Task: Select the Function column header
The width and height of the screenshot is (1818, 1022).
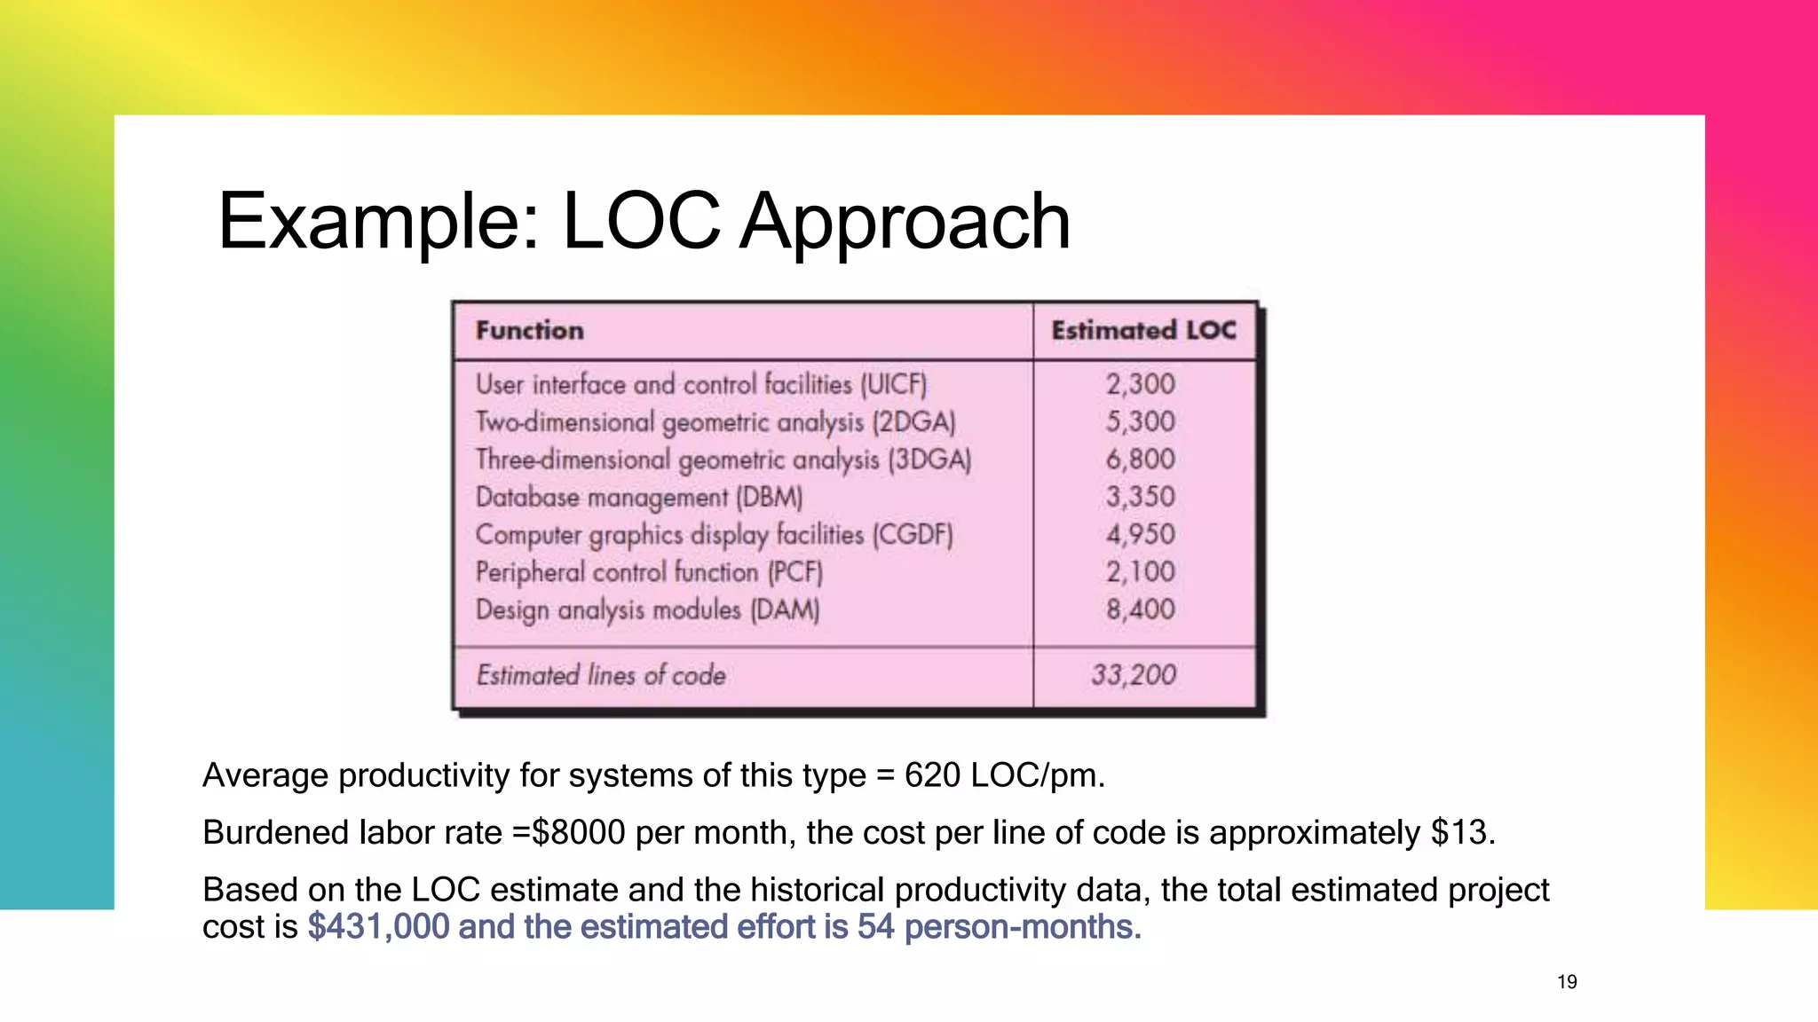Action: tap(530, 331)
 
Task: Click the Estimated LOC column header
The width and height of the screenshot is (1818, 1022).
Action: tap(1143, 331)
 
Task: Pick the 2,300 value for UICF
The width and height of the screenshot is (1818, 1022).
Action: tap(1140, 384)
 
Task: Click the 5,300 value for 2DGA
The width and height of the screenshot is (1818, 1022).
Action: tap(1140, 421)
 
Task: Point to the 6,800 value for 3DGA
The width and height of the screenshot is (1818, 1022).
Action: tap(1140, 460)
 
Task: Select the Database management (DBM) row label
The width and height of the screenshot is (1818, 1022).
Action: tap(639, 497)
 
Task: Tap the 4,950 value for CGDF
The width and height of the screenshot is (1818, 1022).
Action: tap(1140, 534)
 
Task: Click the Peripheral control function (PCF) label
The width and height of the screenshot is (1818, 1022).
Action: tap(649, 572)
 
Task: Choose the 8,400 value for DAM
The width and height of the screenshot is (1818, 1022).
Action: tap(1140, 609)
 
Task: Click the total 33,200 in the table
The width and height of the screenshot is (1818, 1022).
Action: tap(1134, 675)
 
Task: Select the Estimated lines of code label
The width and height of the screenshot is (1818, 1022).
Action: tap(601, 675)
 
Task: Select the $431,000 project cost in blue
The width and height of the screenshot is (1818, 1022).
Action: tap(379, 927)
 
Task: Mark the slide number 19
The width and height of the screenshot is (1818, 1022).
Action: tap(1567, 982)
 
